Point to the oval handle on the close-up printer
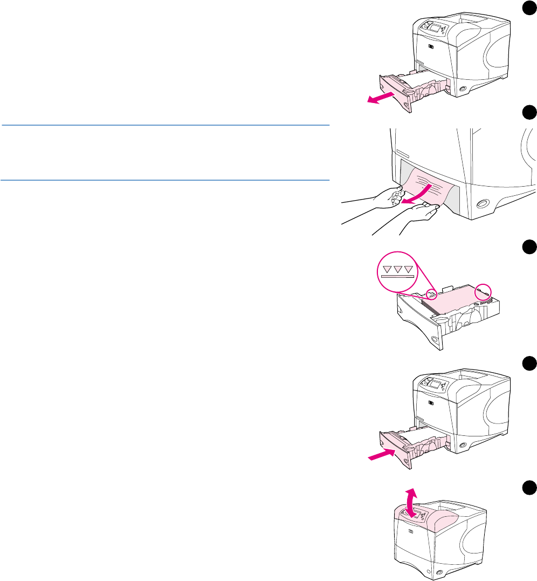482,203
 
